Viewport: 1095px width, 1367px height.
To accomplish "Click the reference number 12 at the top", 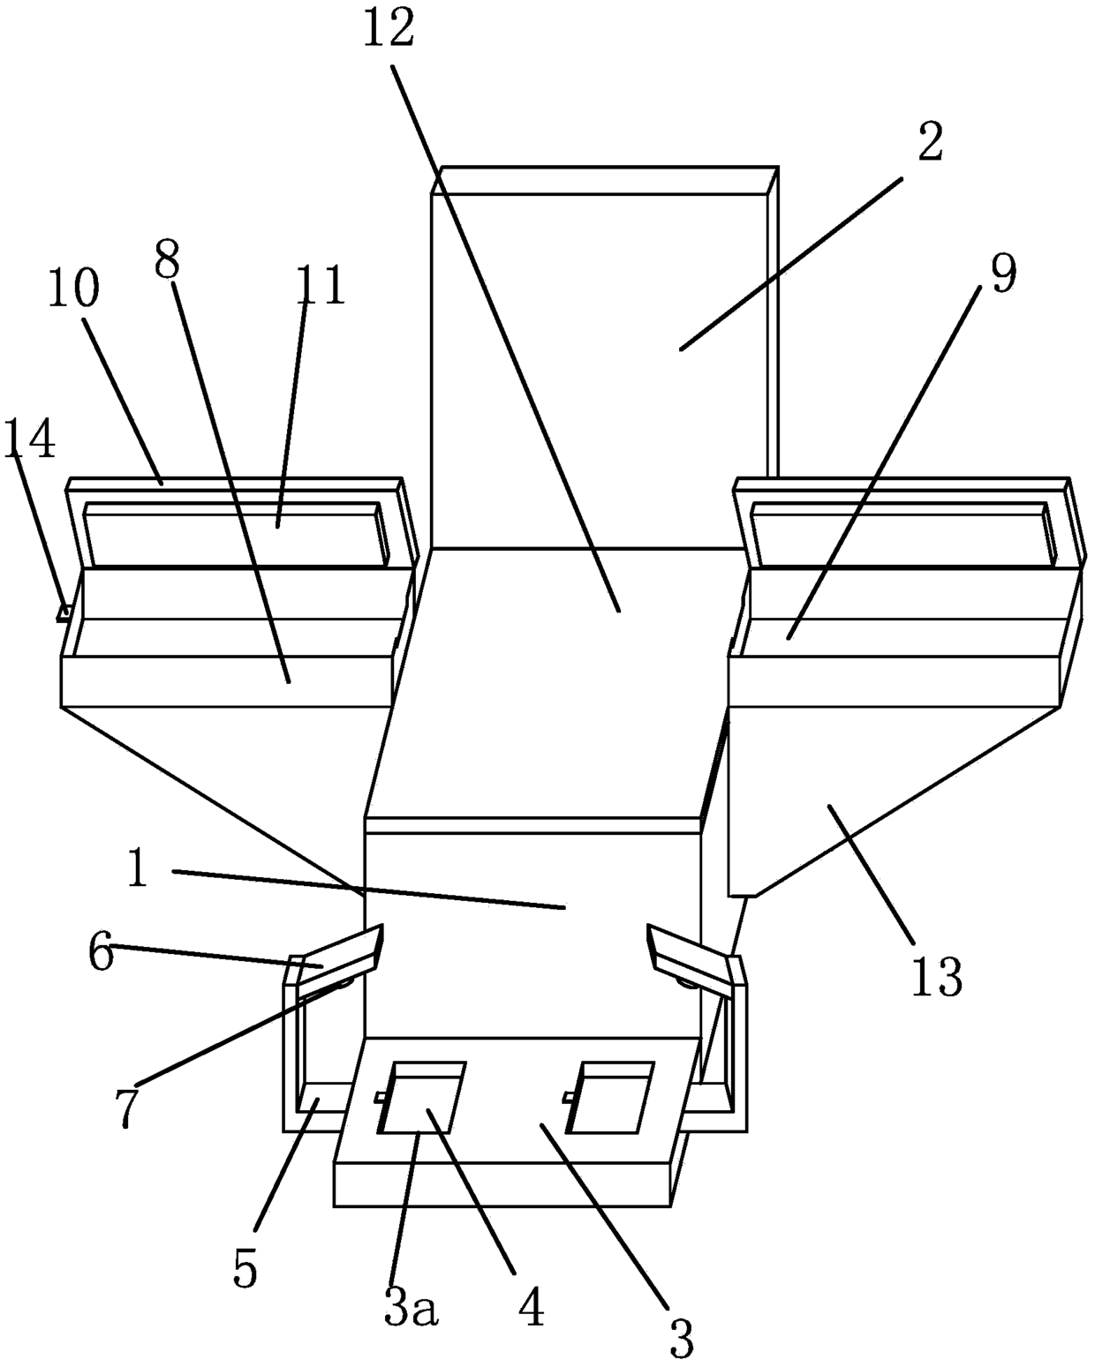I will (x=388, y=28).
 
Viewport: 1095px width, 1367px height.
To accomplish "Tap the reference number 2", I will (x=930, y=141).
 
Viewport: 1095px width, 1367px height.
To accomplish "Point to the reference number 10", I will (x=73, y=289).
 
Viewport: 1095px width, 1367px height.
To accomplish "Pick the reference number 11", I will (x=321, y=285).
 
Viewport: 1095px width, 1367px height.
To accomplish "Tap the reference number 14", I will (x=29, y=439).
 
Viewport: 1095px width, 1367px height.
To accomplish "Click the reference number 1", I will (x=137, y=869).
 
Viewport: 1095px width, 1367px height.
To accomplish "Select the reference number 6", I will (x=102, y=954).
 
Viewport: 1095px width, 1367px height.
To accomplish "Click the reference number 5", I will (x=245, y=1269).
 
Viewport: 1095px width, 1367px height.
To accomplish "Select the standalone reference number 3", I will (x=681, y=1339).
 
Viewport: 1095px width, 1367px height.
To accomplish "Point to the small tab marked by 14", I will (x=64, y=612).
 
